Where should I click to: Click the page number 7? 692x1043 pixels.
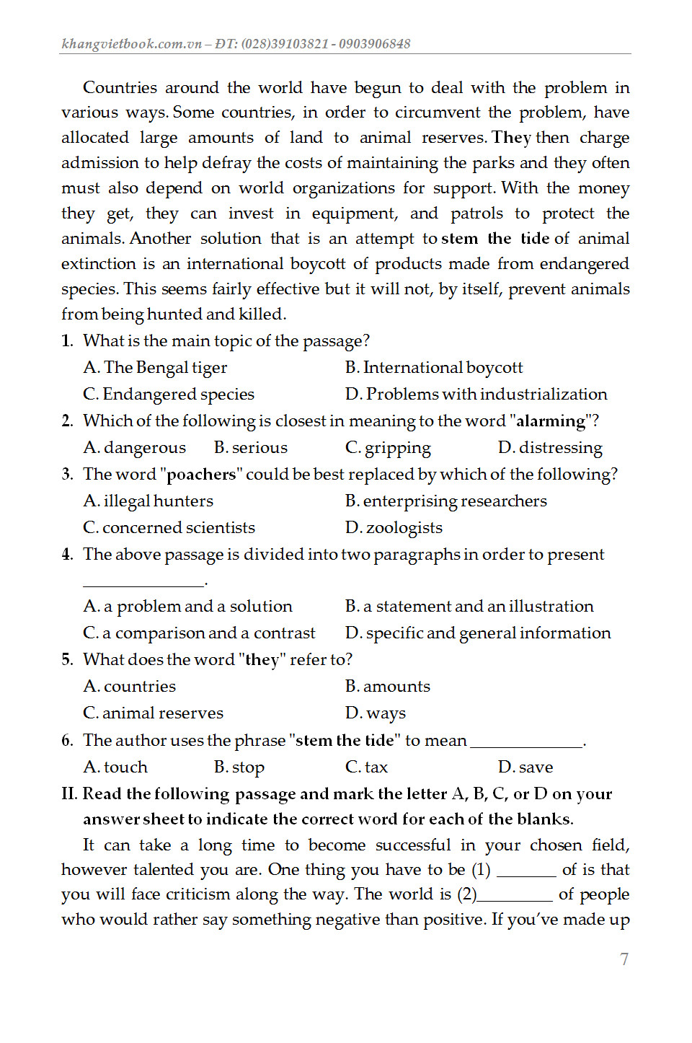624,959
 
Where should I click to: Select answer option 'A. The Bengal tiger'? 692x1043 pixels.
155,368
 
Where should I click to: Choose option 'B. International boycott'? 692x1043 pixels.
434,368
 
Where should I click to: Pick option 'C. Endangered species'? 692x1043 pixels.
169,395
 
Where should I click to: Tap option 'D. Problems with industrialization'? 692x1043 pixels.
476,395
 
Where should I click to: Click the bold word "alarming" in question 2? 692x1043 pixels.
551,421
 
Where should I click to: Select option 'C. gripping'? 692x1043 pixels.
388,448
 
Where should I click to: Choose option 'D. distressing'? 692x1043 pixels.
550,448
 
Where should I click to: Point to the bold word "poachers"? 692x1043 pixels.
201,475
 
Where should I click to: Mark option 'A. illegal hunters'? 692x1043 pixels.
148,501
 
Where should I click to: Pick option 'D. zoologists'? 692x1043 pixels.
394,528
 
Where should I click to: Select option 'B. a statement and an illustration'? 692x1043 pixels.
469,607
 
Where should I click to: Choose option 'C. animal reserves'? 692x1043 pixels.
154,713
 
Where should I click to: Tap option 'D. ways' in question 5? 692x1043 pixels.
376,713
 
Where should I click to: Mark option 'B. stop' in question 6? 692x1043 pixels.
239,767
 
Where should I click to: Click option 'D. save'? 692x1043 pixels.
525,767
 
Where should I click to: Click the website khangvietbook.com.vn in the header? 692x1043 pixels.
131,44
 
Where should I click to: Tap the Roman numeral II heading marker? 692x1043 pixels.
69,794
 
